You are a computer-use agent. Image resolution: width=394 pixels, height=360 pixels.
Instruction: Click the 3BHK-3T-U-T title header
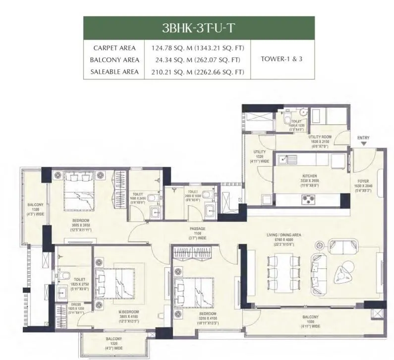(199, 27)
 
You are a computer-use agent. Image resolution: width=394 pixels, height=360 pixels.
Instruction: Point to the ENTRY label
(363, 138)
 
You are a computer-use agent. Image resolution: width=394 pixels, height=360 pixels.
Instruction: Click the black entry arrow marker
(364, 144)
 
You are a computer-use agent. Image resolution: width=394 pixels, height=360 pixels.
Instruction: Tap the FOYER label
(364, 181)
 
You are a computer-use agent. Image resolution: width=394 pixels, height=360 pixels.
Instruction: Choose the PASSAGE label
(197, 229)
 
